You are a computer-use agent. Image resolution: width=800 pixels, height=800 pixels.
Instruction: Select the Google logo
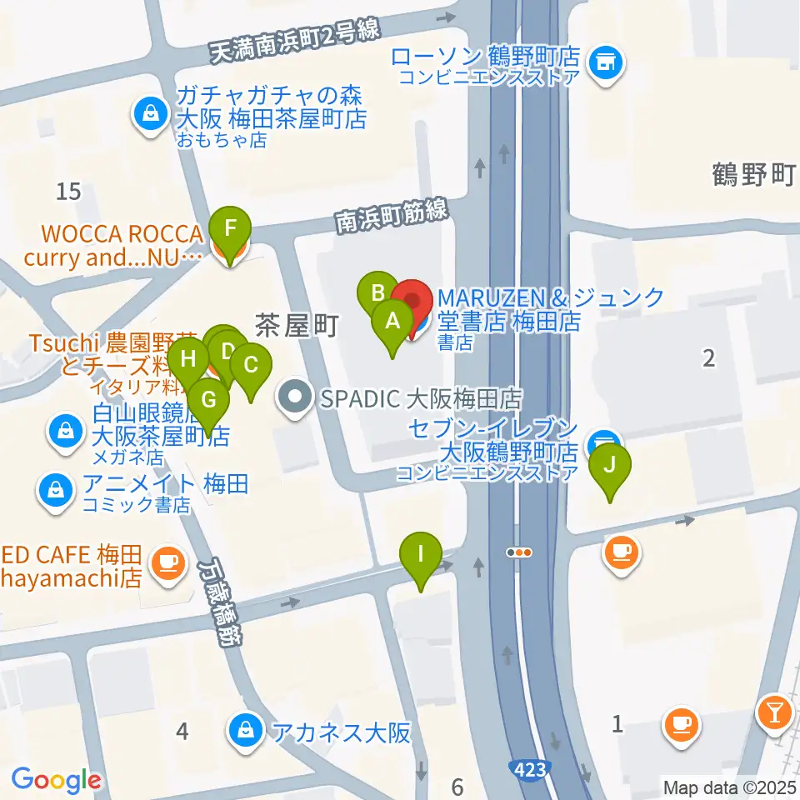[56, 781]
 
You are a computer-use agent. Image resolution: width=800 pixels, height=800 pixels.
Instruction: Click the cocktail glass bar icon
[774, 711]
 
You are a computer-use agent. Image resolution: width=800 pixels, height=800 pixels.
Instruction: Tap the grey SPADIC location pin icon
[294, 393]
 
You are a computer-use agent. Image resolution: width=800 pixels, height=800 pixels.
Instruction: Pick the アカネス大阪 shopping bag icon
[246, 732]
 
